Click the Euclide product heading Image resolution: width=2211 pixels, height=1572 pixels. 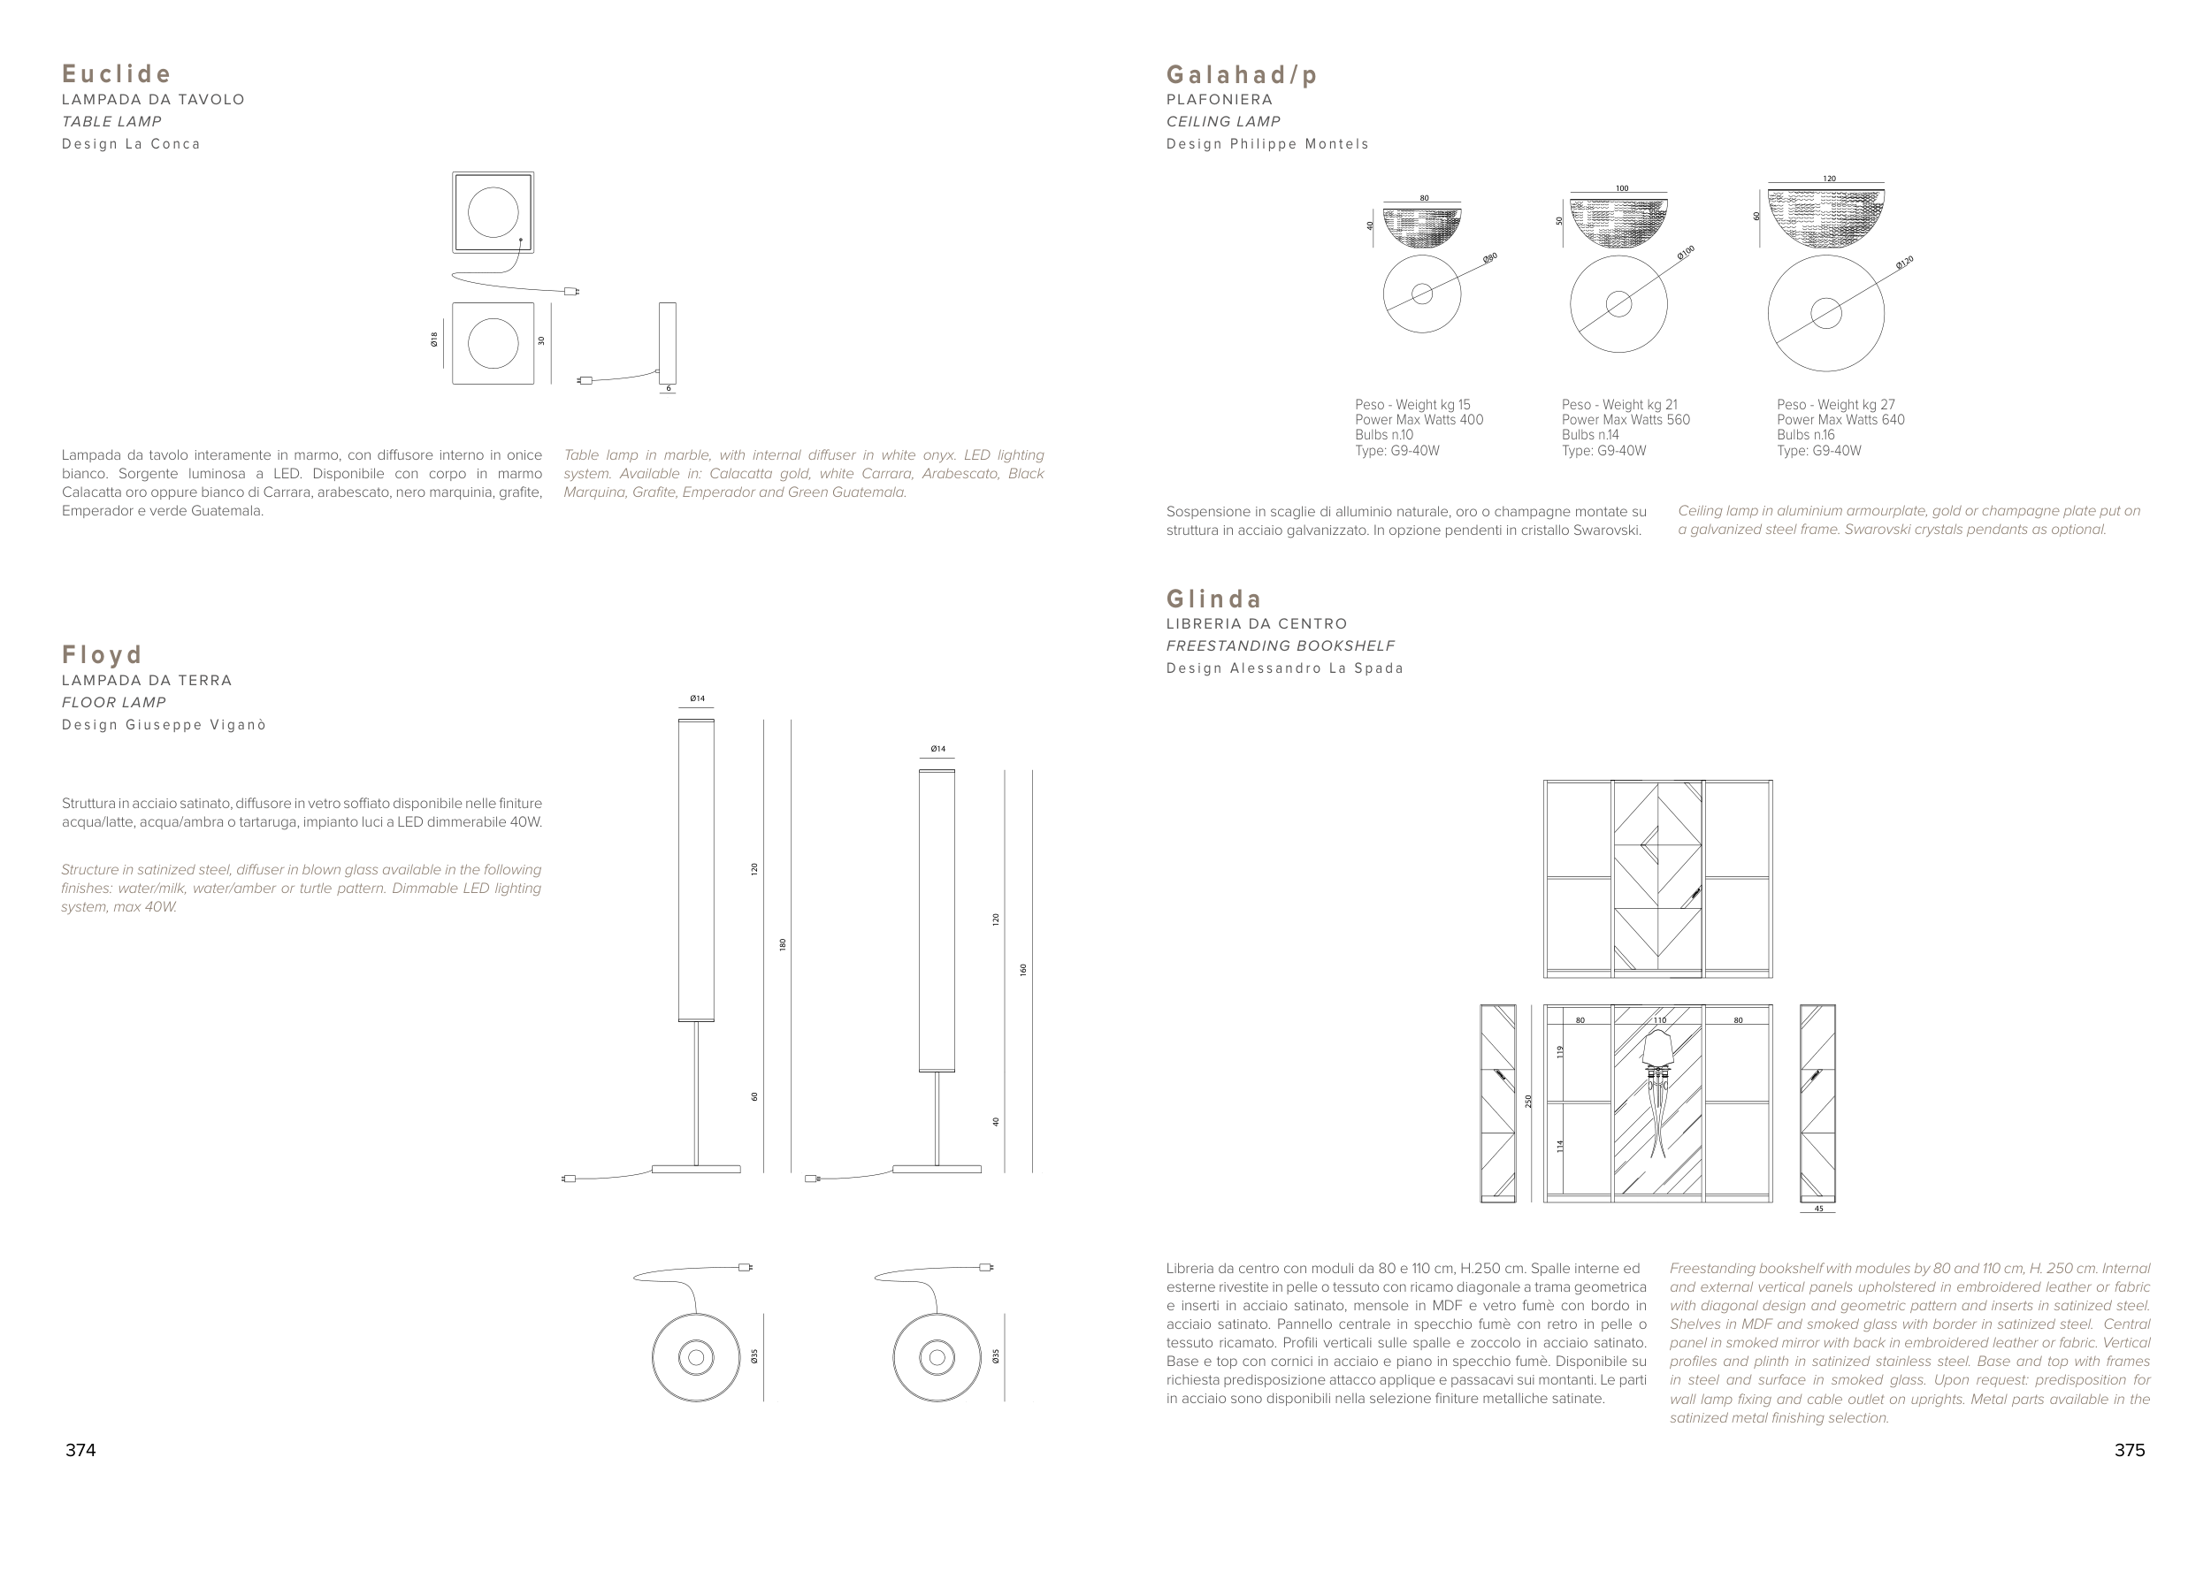(117, 74)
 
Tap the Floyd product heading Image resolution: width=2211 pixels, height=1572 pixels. (103, 655)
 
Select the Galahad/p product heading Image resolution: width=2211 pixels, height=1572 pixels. (1242, 74)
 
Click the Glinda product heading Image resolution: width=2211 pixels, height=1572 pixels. (1214, 599)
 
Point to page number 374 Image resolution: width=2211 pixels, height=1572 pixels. (80, 1450)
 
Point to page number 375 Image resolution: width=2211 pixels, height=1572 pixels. (2130, 1450)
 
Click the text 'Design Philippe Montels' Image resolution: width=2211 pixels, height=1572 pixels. (1267, 144)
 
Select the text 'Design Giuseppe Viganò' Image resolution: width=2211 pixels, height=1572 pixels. (164, 725)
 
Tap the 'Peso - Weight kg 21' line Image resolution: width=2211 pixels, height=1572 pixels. (1619, 405)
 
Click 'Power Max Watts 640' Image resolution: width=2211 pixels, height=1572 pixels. (1840, 420)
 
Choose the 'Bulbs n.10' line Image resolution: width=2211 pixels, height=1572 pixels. (1384, 435)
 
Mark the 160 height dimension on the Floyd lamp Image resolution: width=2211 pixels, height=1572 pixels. (1023, 969)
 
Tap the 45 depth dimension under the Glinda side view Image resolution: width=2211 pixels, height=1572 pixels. (1818, 1209)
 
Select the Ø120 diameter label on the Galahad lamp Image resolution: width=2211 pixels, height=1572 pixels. (1904, 263)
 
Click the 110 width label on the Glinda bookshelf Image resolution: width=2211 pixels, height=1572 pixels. (1659, 1020)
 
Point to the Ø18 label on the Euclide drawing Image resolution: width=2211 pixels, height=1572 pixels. (434, 339)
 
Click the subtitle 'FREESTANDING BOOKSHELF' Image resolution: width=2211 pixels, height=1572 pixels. (1281, 645)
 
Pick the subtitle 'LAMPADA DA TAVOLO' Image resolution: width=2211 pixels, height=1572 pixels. (153, 100)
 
